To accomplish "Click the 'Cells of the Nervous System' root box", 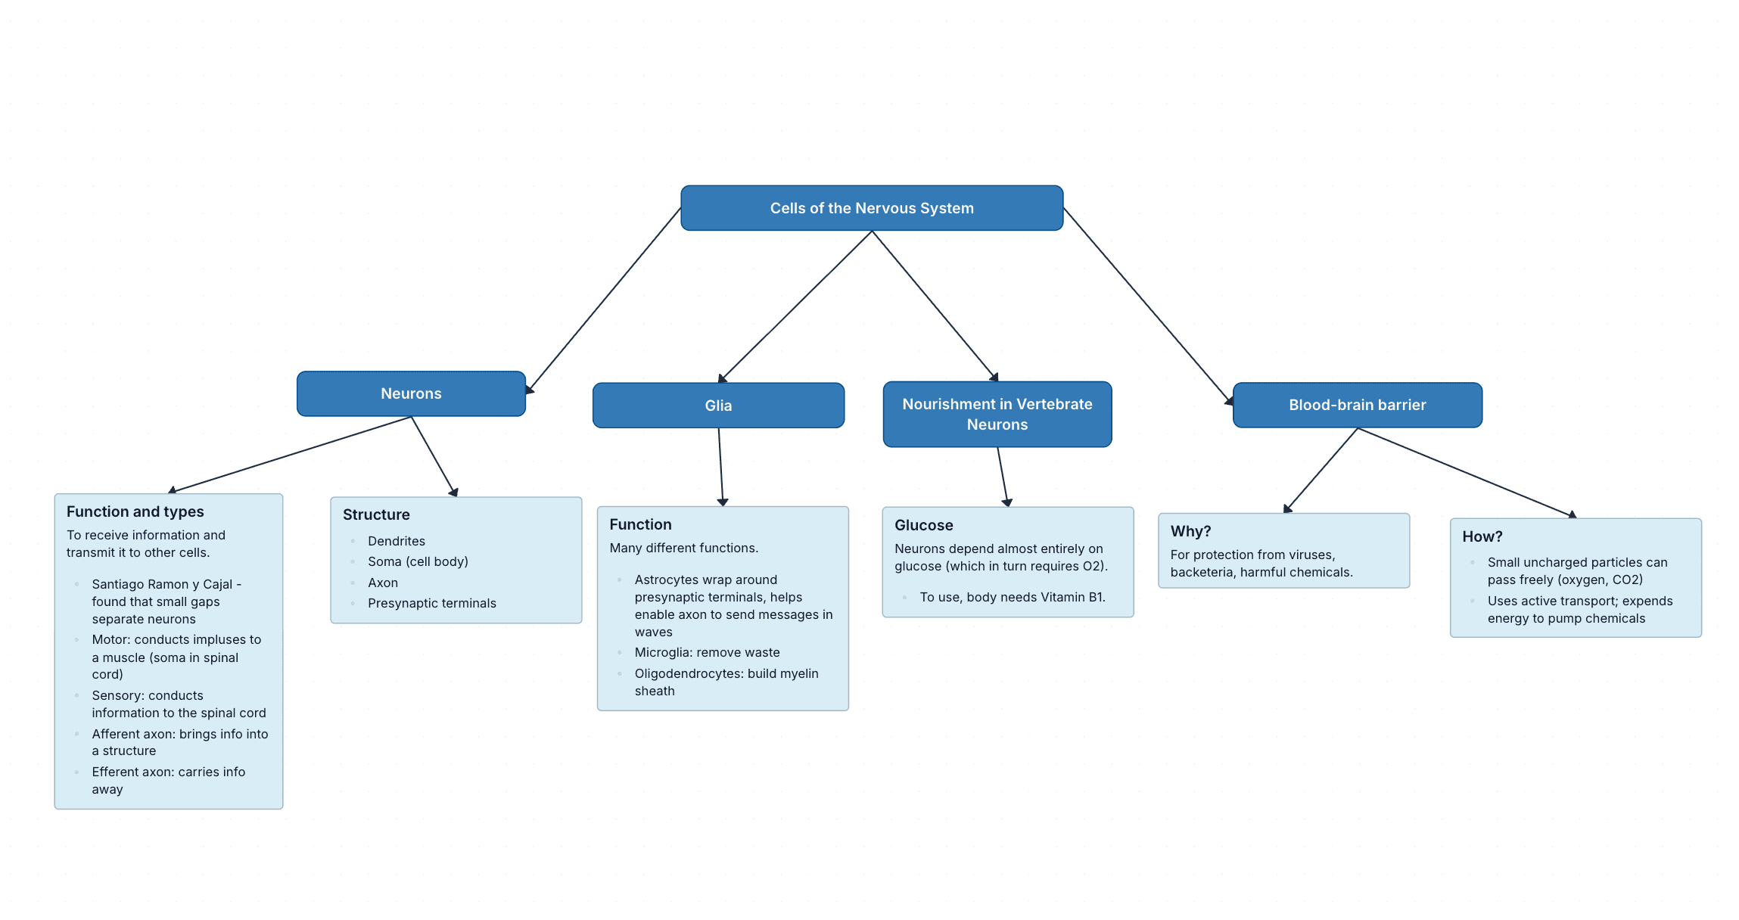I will (872, 208).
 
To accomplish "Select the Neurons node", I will (411, 393).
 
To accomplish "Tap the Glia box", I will (718, 406).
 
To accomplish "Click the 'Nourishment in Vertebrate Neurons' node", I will (997, 414).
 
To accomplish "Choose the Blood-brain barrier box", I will (1357, 405).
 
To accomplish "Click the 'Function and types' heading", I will (135, 511).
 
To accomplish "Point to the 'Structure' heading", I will (376, 514).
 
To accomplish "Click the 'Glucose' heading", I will (923, 525).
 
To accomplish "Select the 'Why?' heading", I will (1190, 531).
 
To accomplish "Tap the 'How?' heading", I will (1482, 536).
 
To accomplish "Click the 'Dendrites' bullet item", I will (397, 541).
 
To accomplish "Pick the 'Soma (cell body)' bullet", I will (418, 561).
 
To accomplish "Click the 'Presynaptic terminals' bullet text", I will (432, 603).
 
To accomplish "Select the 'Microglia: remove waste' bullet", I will (707, 652).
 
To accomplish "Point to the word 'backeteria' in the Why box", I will (1203, 572).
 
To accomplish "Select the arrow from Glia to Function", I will (720, 465).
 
